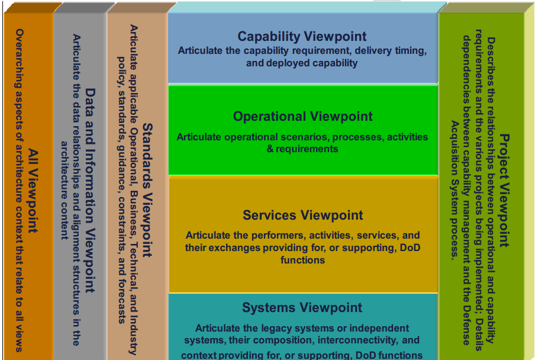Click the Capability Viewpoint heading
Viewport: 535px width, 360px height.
(302, 36)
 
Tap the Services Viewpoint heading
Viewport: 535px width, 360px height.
(302, 215)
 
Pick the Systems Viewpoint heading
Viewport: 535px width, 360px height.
(302, 308)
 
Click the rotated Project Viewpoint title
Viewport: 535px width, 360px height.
(504, 189)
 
